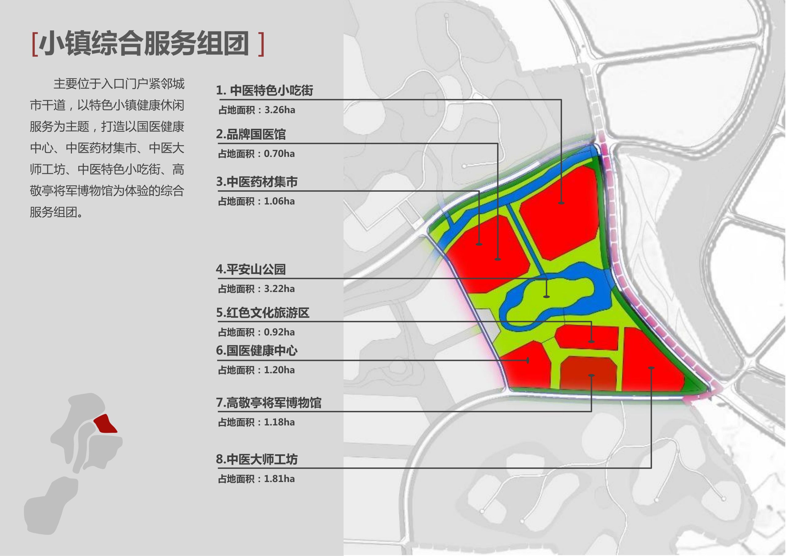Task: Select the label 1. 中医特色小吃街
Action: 264,90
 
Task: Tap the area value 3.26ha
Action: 279,110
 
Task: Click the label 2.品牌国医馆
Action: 251,134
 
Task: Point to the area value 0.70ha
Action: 279,154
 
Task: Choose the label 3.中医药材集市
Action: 257,182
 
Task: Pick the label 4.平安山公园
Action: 251,269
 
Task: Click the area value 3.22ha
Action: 279,289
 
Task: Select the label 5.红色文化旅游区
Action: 263,313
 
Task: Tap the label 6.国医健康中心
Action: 257,350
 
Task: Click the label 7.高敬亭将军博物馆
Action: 269,403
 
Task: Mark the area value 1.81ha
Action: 279,479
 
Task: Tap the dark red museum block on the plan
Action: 588,374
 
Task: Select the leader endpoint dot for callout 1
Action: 561,203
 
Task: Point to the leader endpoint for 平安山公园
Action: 547,296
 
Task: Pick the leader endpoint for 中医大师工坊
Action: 651,368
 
